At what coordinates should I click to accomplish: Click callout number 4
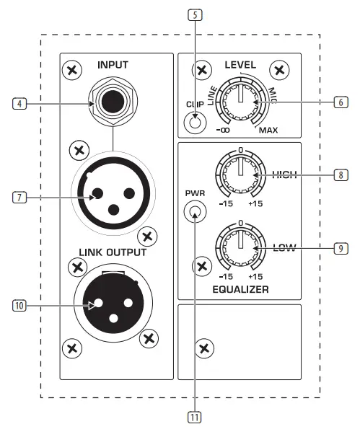point(22,103)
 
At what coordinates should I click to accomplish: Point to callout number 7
point(22,195)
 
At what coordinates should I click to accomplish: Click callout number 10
point(22,306)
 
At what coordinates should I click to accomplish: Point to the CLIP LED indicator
point(193,123)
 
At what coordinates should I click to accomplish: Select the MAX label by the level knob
point(268,131)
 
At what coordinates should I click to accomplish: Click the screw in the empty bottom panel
point(206,349)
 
